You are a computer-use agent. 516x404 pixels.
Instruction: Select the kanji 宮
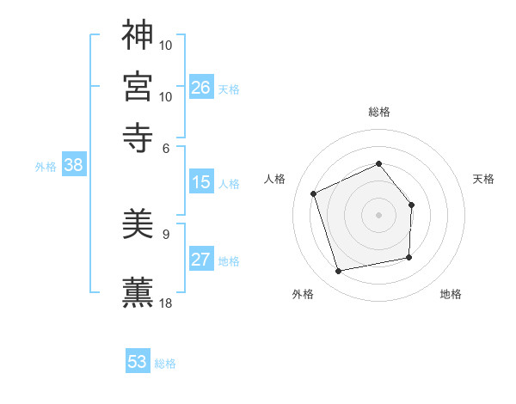138,85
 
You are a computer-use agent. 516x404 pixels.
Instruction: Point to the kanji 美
138,224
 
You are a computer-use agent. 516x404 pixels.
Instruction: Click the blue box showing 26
201,87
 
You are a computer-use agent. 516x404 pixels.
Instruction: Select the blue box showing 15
201,182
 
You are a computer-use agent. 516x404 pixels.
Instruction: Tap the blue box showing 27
201,260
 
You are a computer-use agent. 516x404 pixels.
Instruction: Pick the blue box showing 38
73,166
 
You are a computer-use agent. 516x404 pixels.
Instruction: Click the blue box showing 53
138,362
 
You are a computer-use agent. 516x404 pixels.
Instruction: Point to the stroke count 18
166,303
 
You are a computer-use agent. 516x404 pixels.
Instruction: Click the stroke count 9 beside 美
166,233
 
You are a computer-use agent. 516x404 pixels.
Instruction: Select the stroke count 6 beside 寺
166,147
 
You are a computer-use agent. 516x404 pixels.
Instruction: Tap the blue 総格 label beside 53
165,364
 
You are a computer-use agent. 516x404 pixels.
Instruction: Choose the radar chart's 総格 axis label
378,112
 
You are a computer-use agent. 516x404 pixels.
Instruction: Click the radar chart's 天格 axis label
484,179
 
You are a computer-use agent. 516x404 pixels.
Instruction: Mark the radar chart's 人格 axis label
275,179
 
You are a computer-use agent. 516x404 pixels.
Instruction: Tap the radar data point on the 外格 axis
339,272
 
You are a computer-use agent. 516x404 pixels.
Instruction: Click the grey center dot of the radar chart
378,215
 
